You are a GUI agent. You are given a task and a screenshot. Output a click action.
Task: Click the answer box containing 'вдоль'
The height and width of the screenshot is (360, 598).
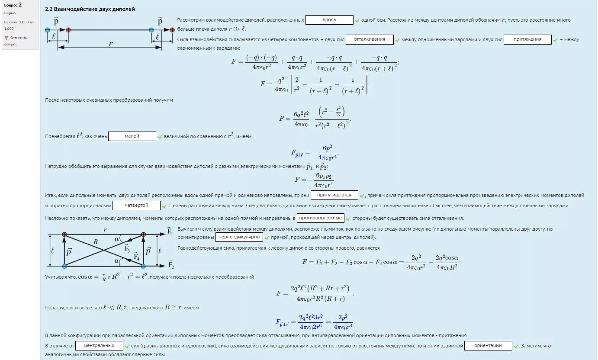329,20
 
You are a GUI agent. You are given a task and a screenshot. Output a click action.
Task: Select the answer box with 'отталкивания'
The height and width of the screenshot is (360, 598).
369,39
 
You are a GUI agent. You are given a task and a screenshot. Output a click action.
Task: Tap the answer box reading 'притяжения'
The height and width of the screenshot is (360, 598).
527,39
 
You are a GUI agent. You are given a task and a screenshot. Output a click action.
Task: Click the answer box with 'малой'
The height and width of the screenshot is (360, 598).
132,136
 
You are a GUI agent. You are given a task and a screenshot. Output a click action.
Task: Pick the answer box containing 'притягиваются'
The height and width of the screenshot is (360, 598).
334,195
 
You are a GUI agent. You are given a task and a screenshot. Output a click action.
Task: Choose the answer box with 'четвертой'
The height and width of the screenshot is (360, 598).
136,206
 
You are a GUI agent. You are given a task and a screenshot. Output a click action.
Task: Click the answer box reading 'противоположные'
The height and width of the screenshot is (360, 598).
321,218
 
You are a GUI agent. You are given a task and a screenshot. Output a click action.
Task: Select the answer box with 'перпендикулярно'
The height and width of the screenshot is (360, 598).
239,237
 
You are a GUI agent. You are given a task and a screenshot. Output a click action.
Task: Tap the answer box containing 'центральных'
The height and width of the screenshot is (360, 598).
99,346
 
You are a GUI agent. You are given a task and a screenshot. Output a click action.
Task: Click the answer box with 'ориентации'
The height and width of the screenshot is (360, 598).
488,346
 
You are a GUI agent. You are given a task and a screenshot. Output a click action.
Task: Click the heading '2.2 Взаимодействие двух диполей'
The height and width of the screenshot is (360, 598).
90,9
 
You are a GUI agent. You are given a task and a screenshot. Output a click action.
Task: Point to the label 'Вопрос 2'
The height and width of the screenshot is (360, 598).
13,5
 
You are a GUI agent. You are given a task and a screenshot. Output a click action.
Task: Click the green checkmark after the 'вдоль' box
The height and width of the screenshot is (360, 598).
357,20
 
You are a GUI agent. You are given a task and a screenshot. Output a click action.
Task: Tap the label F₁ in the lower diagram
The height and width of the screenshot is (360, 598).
170,231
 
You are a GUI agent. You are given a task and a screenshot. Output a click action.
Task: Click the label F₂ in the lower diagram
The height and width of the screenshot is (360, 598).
170,265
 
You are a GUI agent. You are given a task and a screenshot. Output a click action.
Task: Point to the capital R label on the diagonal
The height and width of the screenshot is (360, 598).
96,243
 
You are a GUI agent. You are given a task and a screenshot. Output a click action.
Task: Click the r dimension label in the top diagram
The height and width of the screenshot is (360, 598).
110,43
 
